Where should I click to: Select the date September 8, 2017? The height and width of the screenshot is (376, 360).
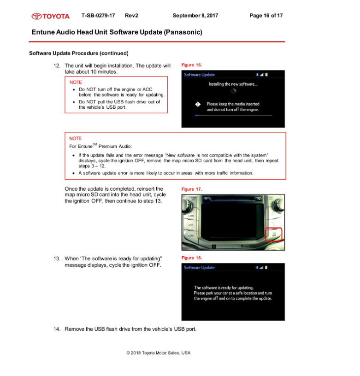(x=195, y=16)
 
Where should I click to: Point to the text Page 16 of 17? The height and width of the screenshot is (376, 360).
(x=266, y=16)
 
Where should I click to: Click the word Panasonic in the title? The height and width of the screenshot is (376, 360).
(x=183, y=32)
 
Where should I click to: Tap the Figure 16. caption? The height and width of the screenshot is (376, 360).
(x=192, y=65)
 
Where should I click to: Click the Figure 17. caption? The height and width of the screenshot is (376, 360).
(x=192, y=189)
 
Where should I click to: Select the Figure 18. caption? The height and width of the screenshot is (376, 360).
(x=192, y=258)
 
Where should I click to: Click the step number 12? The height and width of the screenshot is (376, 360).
(x=57, y=66)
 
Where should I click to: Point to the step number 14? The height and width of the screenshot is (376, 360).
(x=57, y=329)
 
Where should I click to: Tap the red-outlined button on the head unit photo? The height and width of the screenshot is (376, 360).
(x=274, y=235)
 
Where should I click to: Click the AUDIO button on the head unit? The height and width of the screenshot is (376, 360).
(x=191, y=216)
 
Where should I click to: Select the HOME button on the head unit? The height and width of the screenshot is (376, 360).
(x=190, y=235)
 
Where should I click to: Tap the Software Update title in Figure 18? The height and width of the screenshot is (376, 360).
(x=199, y=268)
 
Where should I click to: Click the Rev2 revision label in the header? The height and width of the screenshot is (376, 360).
(x=131, y=16)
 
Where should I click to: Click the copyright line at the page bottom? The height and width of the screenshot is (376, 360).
(x=158, y=353)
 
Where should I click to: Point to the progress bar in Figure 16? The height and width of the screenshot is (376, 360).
(x=233, y=115)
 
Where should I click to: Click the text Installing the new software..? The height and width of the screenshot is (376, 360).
(x=233, y=84)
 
